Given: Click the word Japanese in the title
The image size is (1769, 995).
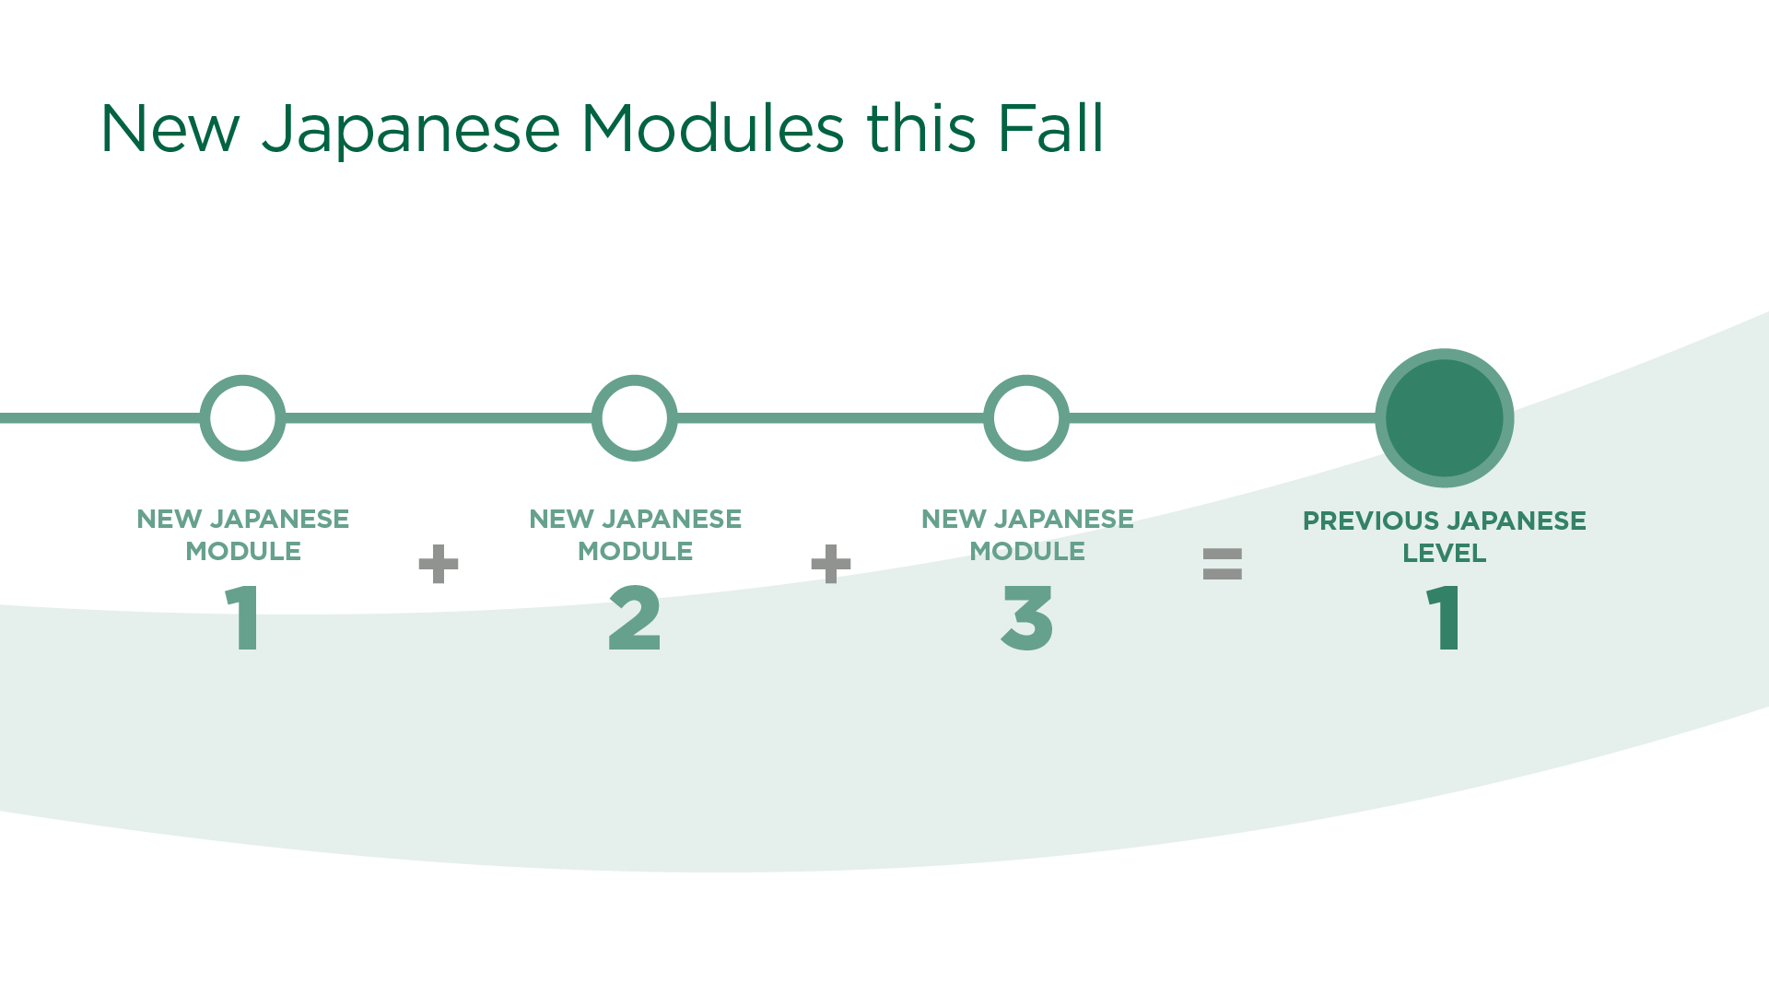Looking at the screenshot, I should coord(411,129).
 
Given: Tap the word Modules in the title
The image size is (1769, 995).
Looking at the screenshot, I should coord(711,129).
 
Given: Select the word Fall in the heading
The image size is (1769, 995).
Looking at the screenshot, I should coord(1050,129).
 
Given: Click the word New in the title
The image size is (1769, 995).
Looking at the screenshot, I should coord(170,129).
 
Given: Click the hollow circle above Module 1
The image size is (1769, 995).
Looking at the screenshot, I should coord(243,418).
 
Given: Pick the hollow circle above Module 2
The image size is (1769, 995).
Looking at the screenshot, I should coord(635,418).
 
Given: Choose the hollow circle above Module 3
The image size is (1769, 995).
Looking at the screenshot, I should coord(1026,418).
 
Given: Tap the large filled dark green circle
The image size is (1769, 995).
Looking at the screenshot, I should coord(1444,418).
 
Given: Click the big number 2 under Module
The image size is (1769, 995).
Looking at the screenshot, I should coord(635,619).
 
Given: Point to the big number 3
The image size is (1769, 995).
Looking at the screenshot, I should coord(1026,619).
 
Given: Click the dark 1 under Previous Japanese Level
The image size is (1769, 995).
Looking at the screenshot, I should coord(1444,619).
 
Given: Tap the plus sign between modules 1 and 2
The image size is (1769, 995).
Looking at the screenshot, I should coord(439,564).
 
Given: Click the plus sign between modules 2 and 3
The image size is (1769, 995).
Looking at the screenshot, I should coord(830,564).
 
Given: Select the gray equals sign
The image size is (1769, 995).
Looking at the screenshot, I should coord(1223,564).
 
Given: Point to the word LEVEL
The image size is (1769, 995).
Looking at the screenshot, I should coord(1444,554).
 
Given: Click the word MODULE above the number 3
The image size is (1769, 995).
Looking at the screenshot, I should coord(1027,552).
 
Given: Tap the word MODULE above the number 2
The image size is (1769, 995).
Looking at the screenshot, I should coord(635,552).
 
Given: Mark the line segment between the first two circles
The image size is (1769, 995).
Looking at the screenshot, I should coord(439,418).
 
